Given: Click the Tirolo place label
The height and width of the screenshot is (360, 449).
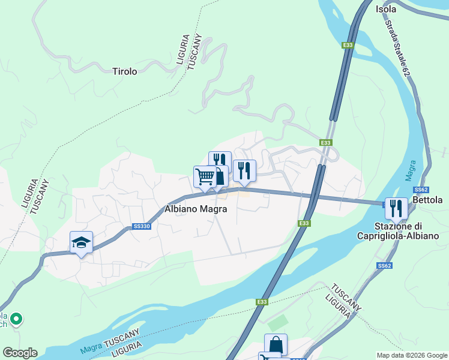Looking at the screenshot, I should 125,71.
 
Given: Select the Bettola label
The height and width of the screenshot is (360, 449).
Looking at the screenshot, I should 428,200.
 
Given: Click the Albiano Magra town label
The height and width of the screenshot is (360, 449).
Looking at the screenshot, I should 196,209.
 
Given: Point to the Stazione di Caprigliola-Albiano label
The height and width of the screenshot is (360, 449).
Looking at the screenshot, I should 406,231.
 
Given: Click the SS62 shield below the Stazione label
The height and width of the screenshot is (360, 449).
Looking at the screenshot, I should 385,265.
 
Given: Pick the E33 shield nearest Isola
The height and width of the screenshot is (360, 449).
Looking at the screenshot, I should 348,45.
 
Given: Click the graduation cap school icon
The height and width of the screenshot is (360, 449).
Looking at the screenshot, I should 81,242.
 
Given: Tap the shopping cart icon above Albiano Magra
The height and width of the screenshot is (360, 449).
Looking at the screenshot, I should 205,176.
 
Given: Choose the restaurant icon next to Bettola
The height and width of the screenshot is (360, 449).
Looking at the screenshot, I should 396,208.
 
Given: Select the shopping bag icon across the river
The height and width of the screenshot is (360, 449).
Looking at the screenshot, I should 276,344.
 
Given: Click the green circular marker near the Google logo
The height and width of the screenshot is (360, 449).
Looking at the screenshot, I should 17,319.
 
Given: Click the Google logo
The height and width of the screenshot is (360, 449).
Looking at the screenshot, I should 20,353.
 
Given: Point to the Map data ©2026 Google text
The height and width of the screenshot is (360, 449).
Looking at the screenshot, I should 411,355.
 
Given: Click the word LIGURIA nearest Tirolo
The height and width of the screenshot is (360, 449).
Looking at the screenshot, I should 184,49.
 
